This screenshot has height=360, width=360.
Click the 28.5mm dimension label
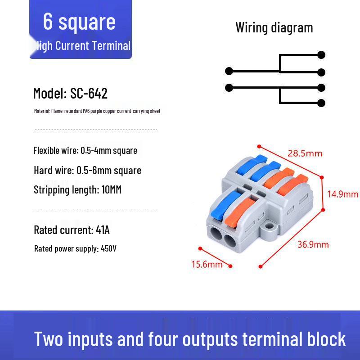pyautogui.click(x=305, y=153)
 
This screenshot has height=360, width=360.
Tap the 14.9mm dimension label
pyautogui.click(x=342, y=194)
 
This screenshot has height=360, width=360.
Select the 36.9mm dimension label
pyautogui.click(x=313, y=244)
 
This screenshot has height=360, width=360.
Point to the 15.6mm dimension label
pyautogui.click(x=207, y=264)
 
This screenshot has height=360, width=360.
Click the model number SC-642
pyautogui.click(x=89, y=94)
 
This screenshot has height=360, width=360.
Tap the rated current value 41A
pyautogui.click(x=103, y=230)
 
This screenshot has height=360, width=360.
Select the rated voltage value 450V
pyautogui.click(x=108, y=248)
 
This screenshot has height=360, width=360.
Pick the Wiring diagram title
pyautogui.click(x=274, y=27)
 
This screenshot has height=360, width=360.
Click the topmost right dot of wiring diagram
pyautogui.click(x=321, y=55)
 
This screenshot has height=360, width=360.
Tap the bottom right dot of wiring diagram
pyautogui.click(x=321, y=103)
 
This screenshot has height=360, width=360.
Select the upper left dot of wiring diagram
pyautogui.click(x=229, y=71)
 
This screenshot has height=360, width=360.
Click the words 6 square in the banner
pyautogui.click(x=79, y=22)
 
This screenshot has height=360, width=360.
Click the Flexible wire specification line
pyautogui.click(x=85, y=150)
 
